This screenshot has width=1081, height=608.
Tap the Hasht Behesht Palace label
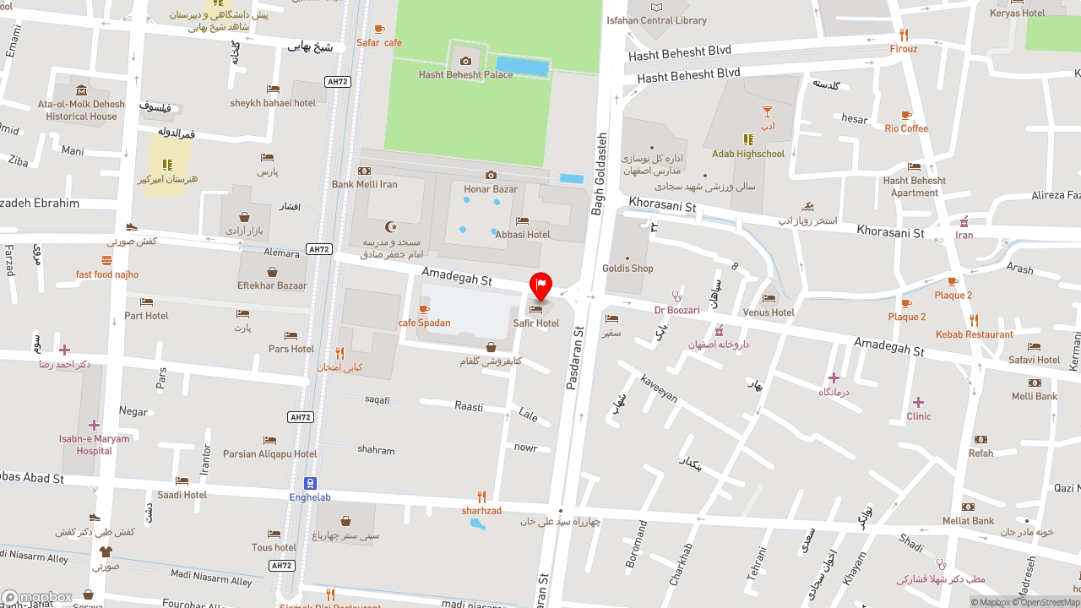click(465, 74)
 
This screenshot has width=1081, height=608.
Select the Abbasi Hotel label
click(523, 235)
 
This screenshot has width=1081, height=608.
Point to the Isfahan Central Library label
click(656, 20)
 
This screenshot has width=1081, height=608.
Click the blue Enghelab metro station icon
click(310, 483)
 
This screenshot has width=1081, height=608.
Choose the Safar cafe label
click(379, 42)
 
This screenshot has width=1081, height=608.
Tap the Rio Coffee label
click(906, 128)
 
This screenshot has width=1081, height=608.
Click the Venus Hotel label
click(769, 312)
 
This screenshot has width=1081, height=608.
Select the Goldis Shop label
click(627, 269)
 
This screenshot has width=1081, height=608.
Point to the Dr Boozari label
click(676, 310)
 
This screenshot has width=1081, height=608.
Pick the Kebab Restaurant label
click(974, 334)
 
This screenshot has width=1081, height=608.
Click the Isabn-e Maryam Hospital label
click(94, 444)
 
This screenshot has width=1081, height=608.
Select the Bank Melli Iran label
click(364, 184)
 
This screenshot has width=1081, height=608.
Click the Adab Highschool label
click(747, 154)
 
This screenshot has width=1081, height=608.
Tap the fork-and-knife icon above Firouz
click(904, 35)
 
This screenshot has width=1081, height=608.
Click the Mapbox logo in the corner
click(37, 598)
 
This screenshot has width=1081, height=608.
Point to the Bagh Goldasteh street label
click(600, 174)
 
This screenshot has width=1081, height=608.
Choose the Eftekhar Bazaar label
click(272, 285)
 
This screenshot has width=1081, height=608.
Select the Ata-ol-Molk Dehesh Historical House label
click(81, 110)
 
